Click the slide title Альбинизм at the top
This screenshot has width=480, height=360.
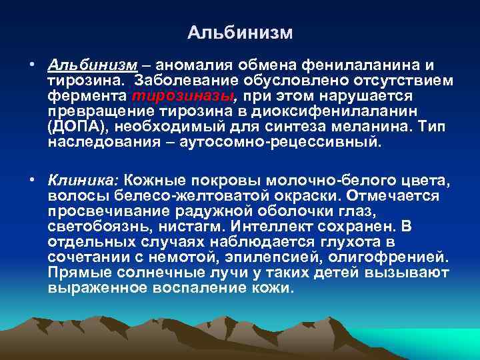(240, 32)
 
